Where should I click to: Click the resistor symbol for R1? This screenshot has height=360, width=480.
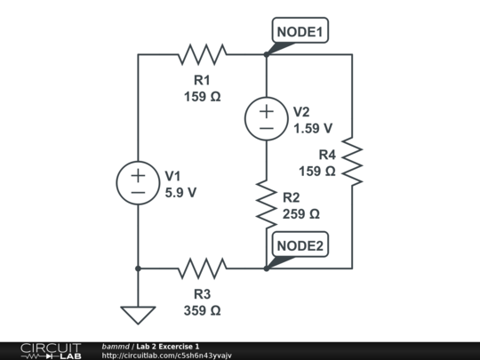tap(202, 54)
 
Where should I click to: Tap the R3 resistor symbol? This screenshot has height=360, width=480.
tap(202, 267)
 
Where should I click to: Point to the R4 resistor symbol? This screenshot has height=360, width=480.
tap(352, 161)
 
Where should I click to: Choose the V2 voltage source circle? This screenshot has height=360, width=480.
tap(267, 117)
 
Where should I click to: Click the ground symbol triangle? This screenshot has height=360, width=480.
tap(138, 315)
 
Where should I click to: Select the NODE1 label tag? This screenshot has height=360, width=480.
tap(301, 32)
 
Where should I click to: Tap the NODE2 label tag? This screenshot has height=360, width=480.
tap(301, 245)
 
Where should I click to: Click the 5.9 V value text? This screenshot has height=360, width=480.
tap(180, 191)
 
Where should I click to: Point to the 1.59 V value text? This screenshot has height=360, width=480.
tap(313, 128)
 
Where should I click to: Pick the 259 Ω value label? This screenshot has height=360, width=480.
tap(300, 214)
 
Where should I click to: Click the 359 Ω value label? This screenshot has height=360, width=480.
tap(202, 310)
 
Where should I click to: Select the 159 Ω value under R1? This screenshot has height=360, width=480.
tap(202, 97)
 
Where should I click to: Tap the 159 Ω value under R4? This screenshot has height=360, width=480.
tap(316, 171)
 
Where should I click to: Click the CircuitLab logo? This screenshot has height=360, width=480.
tap(51, 350)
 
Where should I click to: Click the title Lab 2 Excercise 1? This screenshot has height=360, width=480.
tap(168, 346)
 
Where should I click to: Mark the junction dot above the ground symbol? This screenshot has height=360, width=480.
tap(138, 267)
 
